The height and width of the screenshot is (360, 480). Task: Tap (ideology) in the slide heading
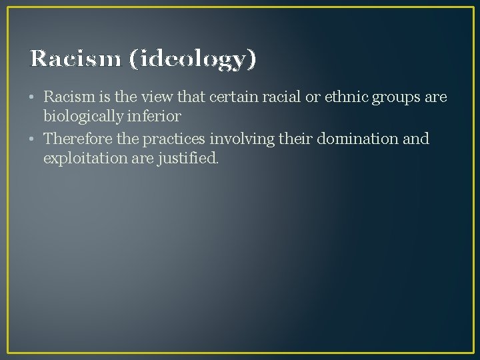193,60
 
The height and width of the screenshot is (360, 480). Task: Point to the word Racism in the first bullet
68,97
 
